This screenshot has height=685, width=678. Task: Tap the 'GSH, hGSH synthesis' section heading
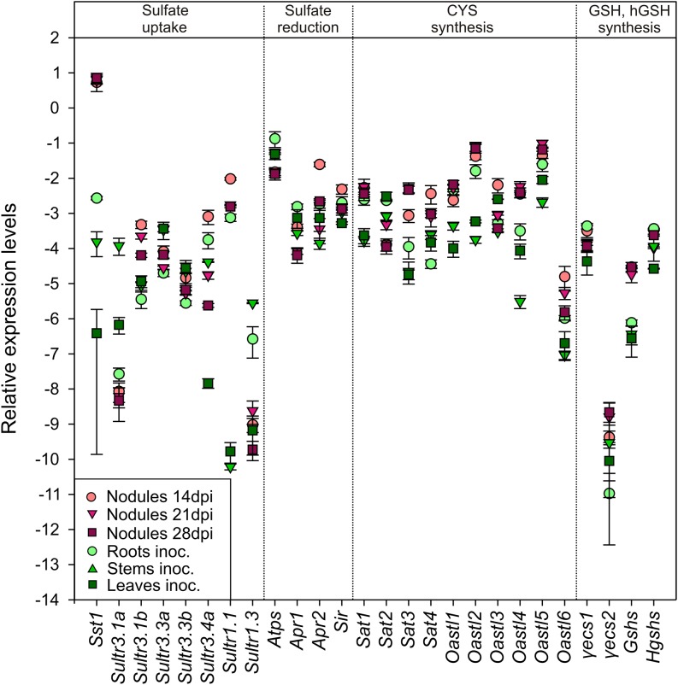point(627,20)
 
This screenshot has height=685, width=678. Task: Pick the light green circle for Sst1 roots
point(97,198)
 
